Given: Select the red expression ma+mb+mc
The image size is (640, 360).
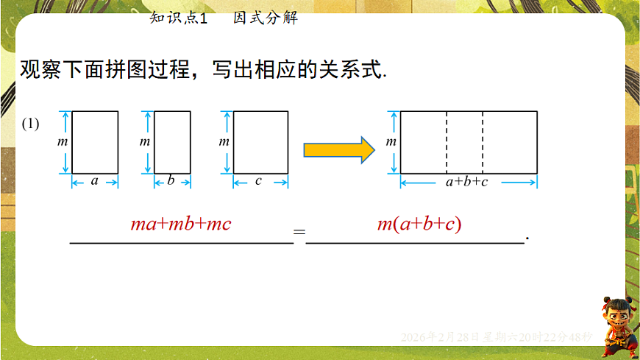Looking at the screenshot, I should (x=180, y=224).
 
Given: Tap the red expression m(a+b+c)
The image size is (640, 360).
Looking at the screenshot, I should (x=419, y=224).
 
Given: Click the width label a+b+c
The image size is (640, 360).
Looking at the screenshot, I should (x=466, y=181).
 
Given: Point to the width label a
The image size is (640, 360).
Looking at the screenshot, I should (x=94, y=180).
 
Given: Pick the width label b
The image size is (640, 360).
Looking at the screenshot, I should (x=171, y=180).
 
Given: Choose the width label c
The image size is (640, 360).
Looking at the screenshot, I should (x=258, y=180).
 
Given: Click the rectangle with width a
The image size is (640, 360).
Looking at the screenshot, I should (x=95, y=142).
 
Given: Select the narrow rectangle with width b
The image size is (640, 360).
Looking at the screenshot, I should (x=172, y=142).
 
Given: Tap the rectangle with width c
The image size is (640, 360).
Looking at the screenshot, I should (x=260, y=142).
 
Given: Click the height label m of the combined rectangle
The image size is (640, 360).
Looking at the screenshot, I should (x=391, y=142).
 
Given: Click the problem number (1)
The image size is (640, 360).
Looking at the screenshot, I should (x=30, y=124).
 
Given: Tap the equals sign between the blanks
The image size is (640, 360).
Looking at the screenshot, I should (x=299, y=233).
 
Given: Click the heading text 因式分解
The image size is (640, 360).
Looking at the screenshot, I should (x=266, y=18).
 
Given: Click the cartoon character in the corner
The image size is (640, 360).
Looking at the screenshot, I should (x=616, y=328).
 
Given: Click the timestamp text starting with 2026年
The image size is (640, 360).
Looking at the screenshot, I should (x=497, y=336).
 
